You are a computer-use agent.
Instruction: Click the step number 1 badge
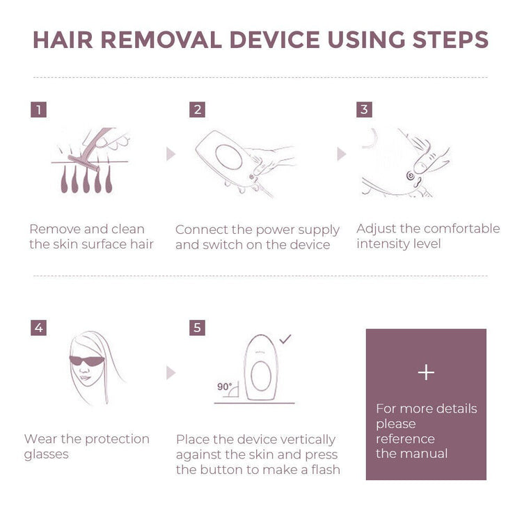coord(38,109)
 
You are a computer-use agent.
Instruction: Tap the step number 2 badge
coord(198,109)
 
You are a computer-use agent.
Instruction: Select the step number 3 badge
coord(364,109)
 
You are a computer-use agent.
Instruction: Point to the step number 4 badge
coord(38,328)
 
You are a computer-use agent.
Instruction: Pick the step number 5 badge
coord(197,328)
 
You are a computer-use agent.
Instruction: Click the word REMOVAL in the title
coord(161,40)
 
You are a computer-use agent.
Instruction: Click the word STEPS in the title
coord(450,40)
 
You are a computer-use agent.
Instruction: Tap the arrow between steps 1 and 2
coord(171,154)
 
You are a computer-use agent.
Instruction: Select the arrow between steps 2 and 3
coord(342,154)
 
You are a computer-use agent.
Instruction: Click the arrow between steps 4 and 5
coord(171,373)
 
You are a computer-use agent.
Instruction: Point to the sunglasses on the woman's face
coord(86,361)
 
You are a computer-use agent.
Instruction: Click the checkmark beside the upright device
coord(285,339)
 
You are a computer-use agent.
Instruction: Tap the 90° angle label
coord(224,386)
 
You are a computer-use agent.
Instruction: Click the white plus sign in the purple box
coord(426,372)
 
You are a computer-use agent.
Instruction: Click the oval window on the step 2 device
coord(229,157)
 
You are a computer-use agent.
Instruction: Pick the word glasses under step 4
coord(46,454)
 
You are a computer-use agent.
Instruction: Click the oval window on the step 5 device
coord(261,376)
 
